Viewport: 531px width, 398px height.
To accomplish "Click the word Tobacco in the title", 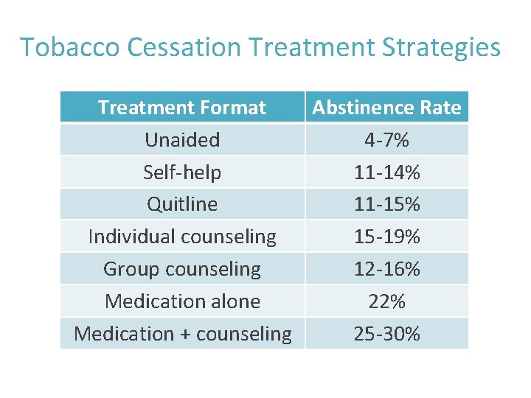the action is [70, 46].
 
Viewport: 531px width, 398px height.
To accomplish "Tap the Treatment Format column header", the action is [182, 108].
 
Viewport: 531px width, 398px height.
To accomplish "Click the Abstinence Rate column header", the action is [386, 108].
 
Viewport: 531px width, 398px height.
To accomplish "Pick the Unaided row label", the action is [182, 139].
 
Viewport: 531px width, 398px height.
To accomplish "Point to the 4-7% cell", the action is [386, 140].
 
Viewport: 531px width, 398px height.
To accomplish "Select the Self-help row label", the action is [182, 172].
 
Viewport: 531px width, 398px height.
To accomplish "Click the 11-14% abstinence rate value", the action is [386, 172].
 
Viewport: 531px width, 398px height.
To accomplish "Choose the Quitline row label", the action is [182, 204].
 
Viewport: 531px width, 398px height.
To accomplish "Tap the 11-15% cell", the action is [386, 204].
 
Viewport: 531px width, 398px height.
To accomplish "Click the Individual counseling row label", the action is [182, 237].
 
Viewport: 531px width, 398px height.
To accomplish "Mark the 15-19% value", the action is [386, 237].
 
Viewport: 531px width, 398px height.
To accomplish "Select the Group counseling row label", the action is [182, 270].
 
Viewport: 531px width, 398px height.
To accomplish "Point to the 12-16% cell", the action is [386, 269].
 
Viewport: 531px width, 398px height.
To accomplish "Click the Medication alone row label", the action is [183, 301].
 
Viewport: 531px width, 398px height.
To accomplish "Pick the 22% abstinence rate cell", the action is [386, 301].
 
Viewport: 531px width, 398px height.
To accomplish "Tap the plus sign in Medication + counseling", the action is [185, 334].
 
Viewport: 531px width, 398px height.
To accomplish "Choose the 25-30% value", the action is [386, 333].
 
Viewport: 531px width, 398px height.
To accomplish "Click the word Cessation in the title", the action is [184, 46].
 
